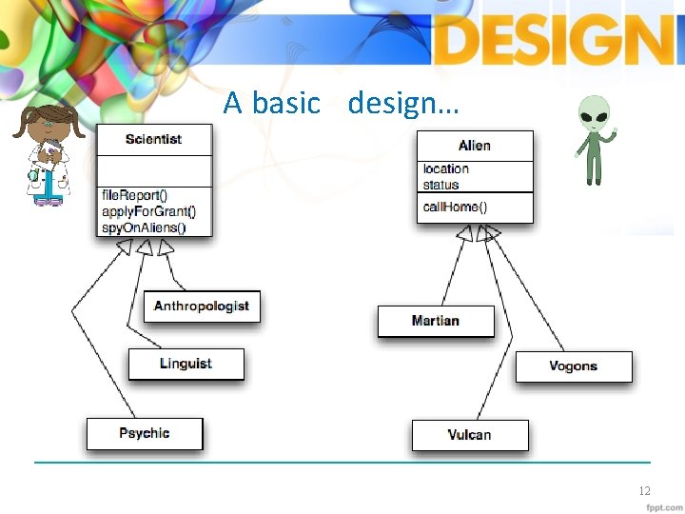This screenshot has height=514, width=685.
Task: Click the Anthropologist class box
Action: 201,306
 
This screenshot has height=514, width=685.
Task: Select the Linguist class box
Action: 186,364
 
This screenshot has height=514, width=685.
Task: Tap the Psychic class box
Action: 145,433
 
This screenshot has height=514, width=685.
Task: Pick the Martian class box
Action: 436,321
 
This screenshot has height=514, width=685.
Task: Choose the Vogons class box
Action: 574,366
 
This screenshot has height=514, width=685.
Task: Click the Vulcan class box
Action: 469,435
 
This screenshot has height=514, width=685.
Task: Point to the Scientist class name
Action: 154,139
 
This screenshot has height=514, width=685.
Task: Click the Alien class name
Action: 475,145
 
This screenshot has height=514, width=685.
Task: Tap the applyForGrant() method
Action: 149,211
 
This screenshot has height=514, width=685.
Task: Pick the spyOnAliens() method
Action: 144,227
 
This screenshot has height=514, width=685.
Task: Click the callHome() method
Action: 456,207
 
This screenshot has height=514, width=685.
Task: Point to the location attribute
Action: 446,169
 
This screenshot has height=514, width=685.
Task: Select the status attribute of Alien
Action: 440,185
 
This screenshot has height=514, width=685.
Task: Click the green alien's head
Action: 596,112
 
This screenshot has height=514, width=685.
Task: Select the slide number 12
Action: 644,491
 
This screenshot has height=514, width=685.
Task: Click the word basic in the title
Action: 286,103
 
